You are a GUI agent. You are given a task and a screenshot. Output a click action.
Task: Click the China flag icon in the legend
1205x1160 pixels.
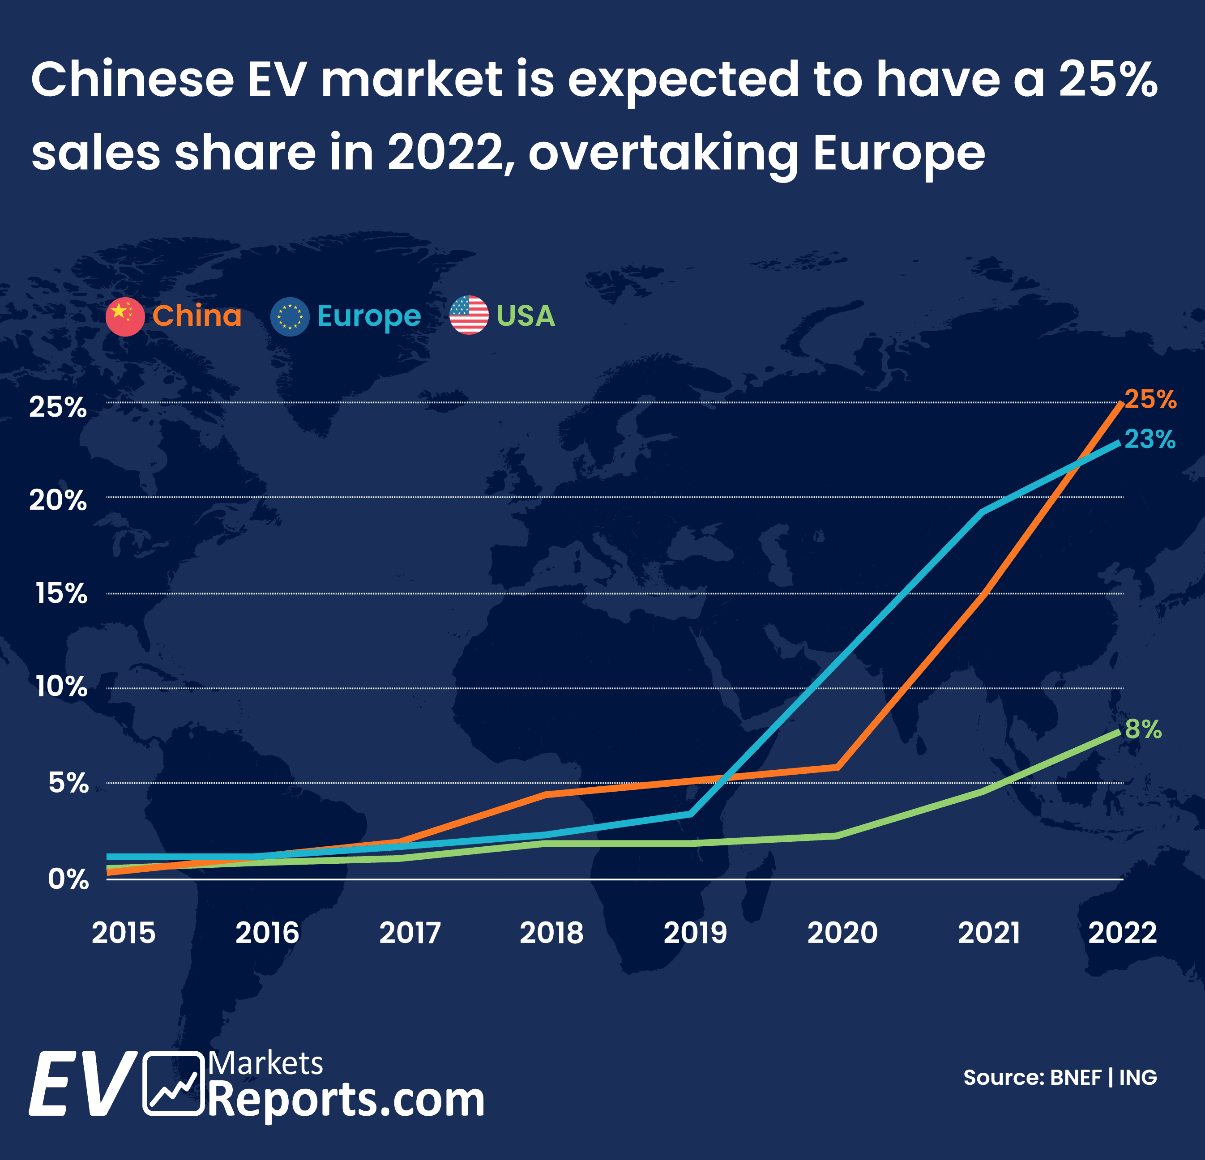pyautogui.click(x=125, y=316)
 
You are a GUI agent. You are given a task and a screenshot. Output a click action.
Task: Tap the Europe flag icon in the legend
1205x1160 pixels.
pyautogui.click(x=290, y=316)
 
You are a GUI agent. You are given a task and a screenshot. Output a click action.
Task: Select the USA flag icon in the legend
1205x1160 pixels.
pyautogui.click(x=469, y=316)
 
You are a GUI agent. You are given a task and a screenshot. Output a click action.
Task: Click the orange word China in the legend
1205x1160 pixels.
pyautogui.click(x=197, y=316)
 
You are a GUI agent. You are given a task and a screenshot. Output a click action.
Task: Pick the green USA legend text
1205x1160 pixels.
pyautogui.click(x=526, y=316)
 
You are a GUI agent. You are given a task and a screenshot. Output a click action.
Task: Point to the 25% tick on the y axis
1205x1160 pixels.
pyautogui.click(x=58, y=407)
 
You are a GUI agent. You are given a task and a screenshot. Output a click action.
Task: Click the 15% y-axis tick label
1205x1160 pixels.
pyautogui.click(x=61, y=594)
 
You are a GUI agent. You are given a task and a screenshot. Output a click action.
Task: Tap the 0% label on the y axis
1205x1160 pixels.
pyautogui.click(x=68, y=880)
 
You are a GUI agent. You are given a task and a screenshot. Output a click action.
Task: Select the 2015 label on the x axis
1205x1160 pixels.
pyautogui.click(x=123, y=933)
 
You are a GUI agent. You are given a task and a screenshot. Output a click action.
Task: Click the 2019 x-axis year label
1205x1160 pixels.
pyautogui.click(x=695, y=933)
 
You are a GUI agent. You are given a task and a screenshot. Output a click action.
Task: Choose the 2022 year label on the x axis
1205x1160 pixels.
pyautogui.click(x=1123, y=933)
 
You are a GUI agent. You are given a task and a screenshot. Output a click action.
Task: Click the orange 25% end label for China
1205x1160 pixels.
pyautogui.click(x=1150, y=400)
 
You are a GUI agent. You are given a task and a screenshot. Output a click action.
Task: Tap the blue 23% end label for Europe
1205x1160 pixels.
pyautogui.click(x=1149, y=439)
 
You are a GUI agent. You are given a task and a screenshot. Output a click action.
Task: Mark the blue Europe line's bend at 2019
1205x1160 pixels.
pyautogui.click(x=691, y=814)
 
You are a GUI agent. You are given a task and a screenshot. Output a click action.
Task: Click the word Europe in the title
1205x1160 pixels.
pyautogui.click(x=899, y=153)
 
